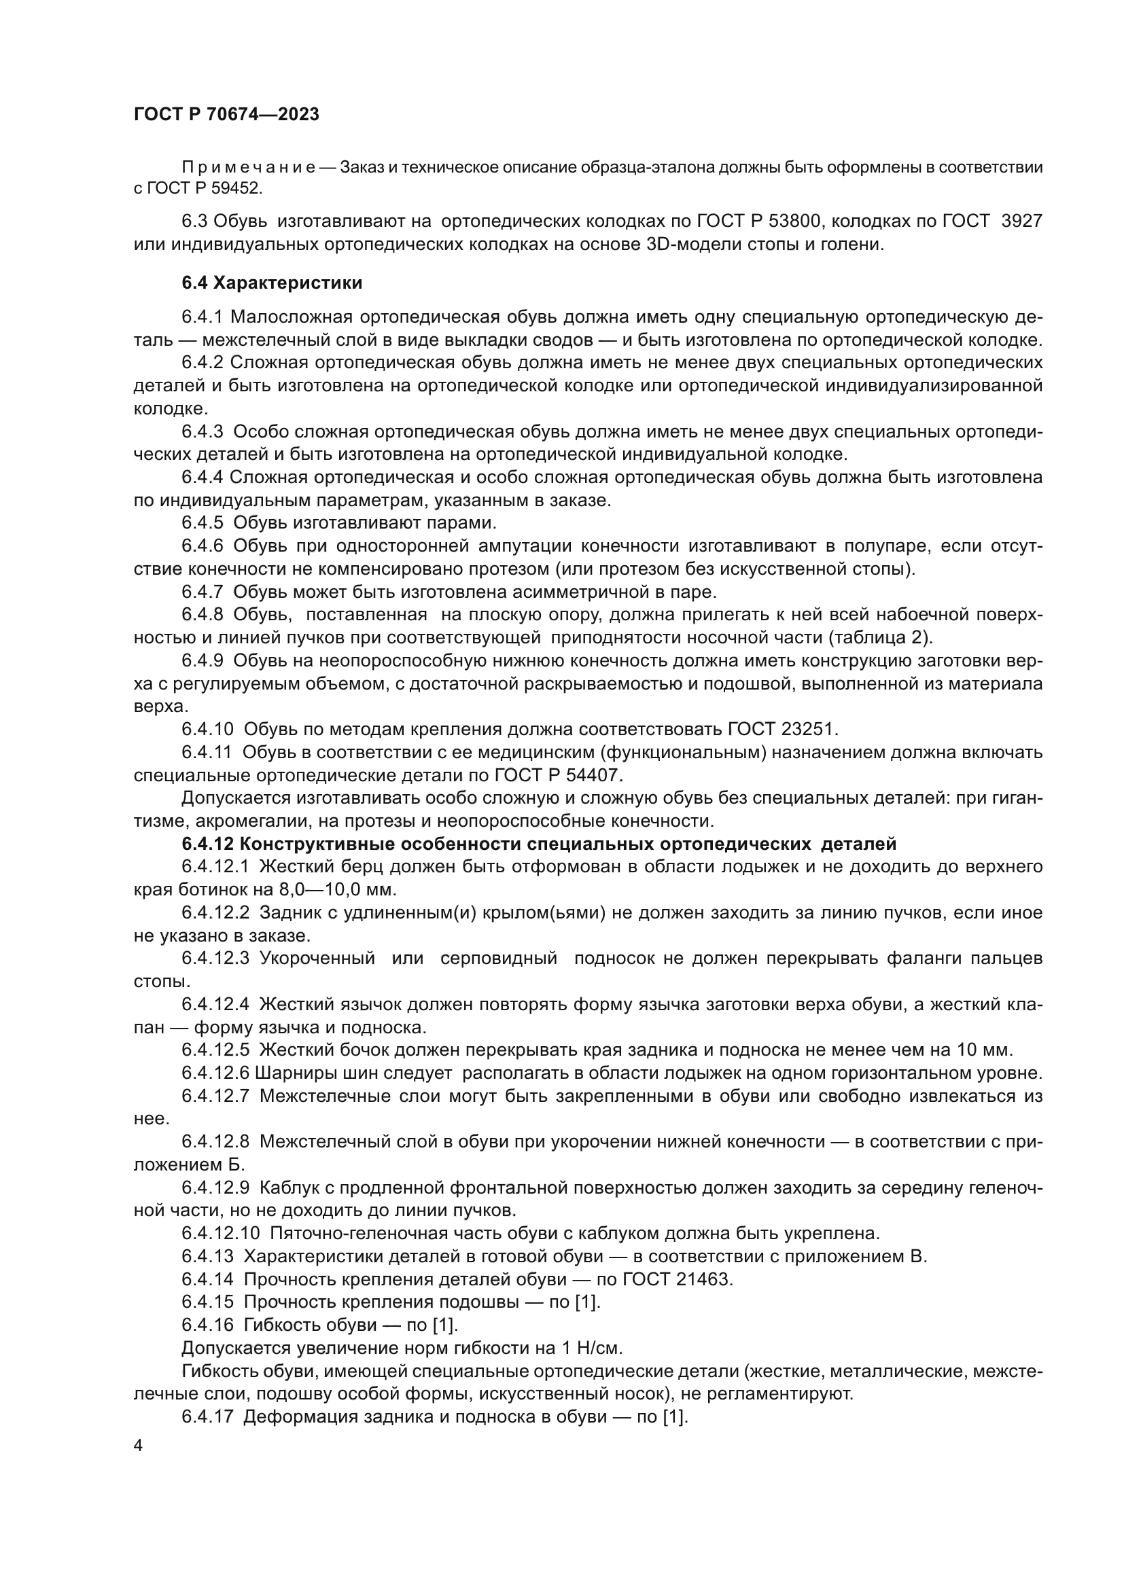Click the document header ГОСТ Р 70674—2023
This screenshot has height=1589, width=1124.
click(226, 115)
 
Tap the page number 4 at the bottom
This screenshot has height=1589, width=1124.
click(139, 1446)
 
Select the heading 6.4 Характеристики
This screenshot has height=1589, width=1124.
click(272, 283)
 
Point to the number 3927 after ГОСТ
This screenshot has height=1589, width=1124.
click(1021, 221)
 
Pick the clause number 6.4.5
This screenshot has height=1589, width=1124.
click(202, 522)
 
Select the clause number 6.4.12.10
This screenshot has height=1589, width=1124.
click(221, 1233)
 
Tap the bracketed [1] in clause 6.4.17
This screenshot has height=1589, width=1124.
click(675, 1416)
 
